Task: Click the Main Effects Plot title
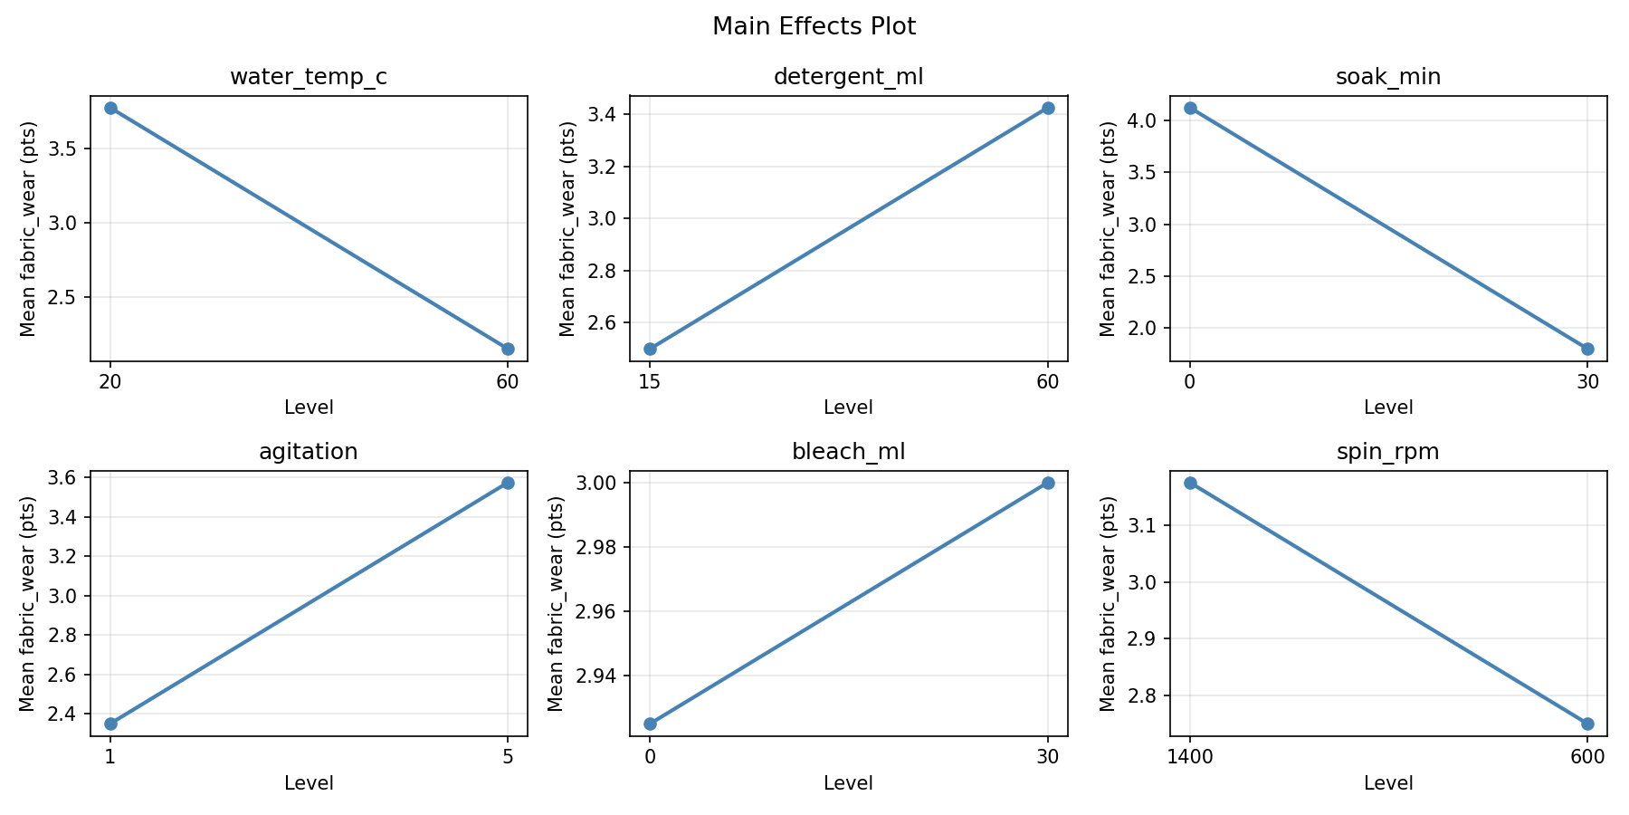click(x=814, y=27)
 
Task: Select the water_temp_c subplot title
click(x=309, y=77)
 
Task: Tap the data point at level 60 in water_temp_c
click(x=508, y=349)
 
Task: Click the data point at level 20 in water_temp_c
click(x=110, y=108)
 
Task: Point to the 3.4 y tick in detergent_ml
click(x=605, y=115)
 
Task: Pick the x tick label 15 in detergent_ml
click(x=650, y=381)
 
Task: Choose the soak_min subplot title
click(x=1388, y=77)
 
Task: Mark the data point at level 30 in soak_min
click(x=1587, y=349)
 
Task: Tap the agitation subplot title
click(x=309, y=452)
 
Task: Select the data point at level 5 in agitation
click(x=508, y=483)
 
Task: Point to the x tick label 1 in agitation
click(x=110, y=757)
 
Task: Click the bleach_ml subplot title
click(x=848, y=452)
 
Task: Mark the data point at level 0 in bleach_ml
click(x=650, y=724)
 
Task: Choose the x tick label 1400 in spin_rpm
click(x=1190, y=757)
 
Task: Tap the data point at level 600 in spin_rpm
click(x=1587, y=724)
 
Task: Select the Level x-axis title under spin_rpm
click(x=1388, y=783)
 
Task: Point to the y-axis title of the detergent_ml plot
click(x=567, y=228)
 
